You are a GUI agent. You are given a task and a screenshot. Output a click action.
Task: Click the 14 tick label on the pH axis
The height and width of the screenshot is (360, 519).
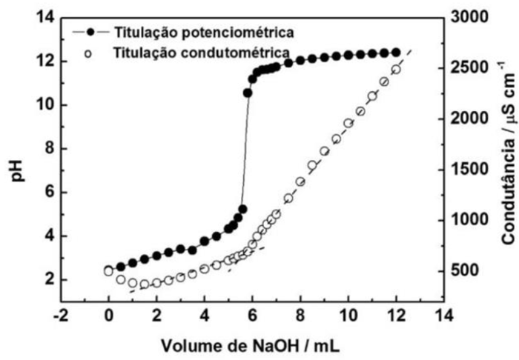click(x=44, y=17)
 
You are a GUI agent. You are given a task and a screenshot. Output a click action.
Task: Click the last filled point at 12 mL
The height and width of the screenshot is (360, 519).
click(x=395, y=53)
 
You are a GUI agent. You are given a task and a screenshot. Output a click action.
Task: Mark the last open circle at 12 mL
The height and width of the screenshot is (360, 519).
click(x=396, y=70)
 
